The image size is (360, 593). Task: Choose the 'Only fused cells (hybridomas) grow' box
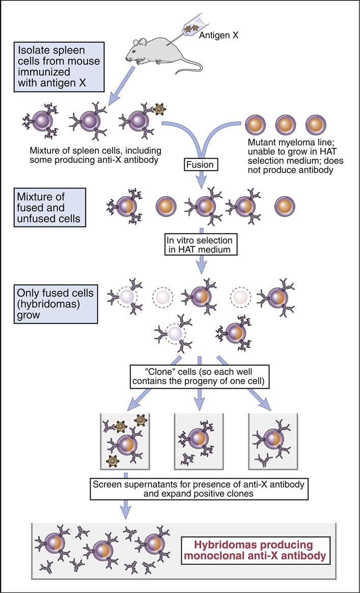click(51, 304)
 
